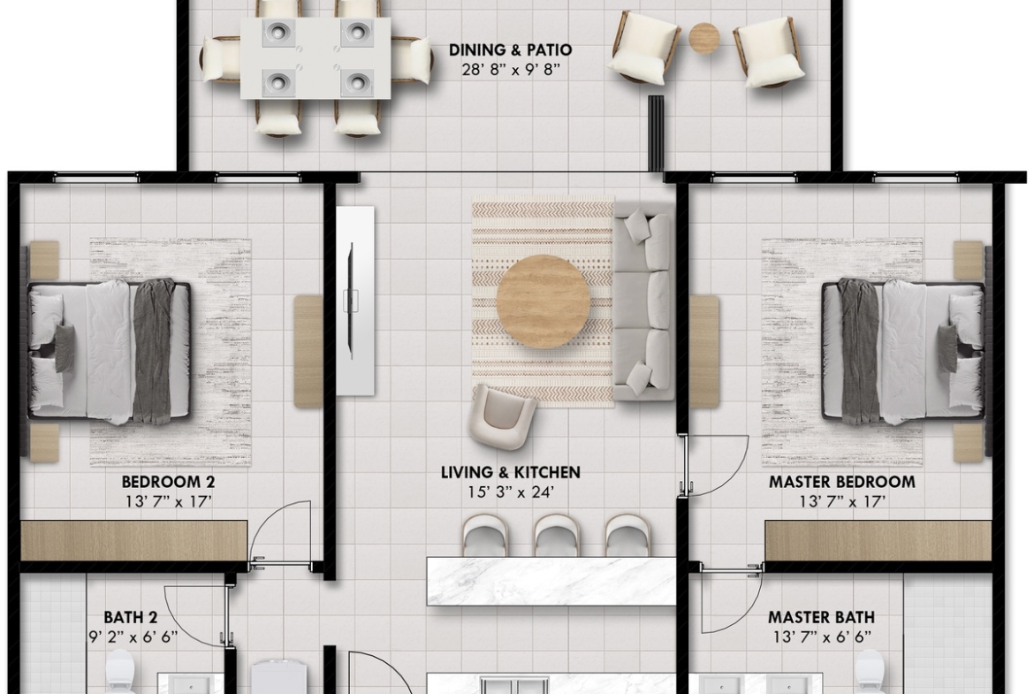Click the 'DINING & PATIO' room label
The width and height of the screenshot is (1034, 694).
tap(511, 50)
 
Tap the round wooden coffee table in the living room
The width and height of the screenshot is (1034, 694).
tap(543, 301)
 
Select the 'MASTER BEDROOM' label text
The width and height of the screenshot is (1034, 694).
tap(842, 482)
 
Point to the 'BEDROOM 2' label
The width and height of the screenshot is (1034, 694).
tap(168, 482)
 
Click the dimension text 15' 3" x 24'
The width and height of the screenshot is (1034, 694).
tap(511, 492)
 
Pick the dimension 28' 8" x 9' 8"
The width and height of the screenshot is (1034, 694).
tap(511, 69)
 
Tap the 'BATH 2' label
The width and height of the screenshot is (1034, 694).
tap(131, 617)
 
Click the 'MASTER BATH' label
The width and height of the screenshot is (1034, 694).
tap(822, 617)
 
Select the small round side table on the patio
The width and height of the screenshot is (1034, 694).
tap(704, 38)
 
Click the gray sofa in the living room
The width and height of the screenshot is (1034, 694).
tap(644, 301)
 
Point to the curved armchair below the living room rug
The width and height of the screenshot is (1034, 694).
tap(503, 417)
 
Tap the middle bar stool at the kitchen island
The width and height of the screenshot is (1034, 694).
tap(556, 535)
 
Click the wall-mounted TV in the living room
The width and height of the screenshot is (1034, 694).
tap(352, 301)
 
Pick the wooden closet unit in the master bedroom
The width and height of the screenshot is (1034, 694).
tap(878, 541)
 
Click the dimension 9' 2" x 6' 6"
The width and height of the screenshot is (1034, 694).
tap(133, 637)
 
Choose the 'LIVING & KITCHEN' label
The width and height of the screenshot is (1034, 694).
tap(511, 472)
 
